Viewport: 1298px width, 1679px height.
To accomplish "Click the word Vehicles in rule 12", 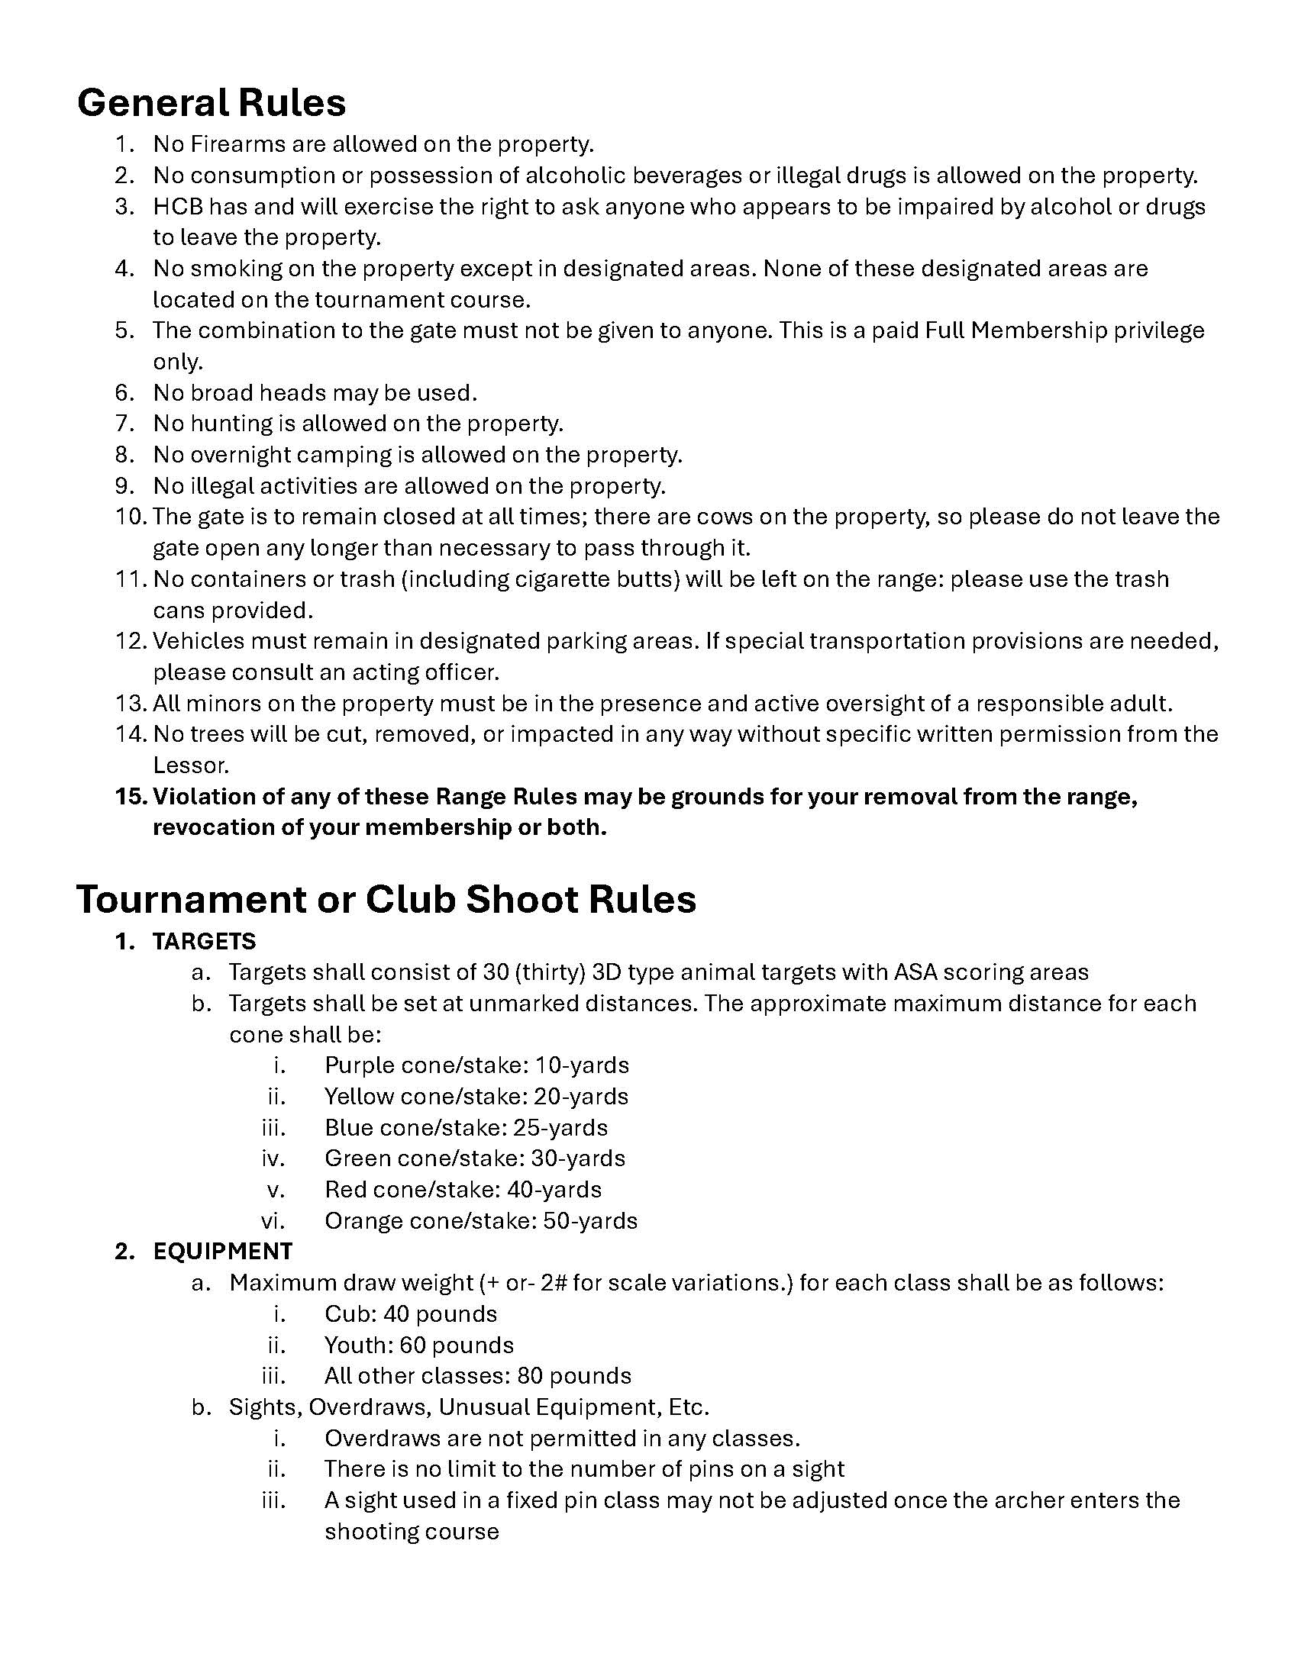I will [198, 640].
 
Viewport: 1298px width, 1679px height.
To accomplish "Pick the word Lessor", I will [191, 765].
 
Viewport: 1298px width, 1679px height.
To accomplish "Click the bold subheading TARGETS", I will [204, 941].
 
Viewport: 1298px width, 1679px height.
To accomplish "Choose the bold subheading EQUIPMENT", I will [222, 1251].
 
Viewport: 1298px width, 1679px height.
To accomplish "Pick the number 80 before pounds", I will [530, 1375].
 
